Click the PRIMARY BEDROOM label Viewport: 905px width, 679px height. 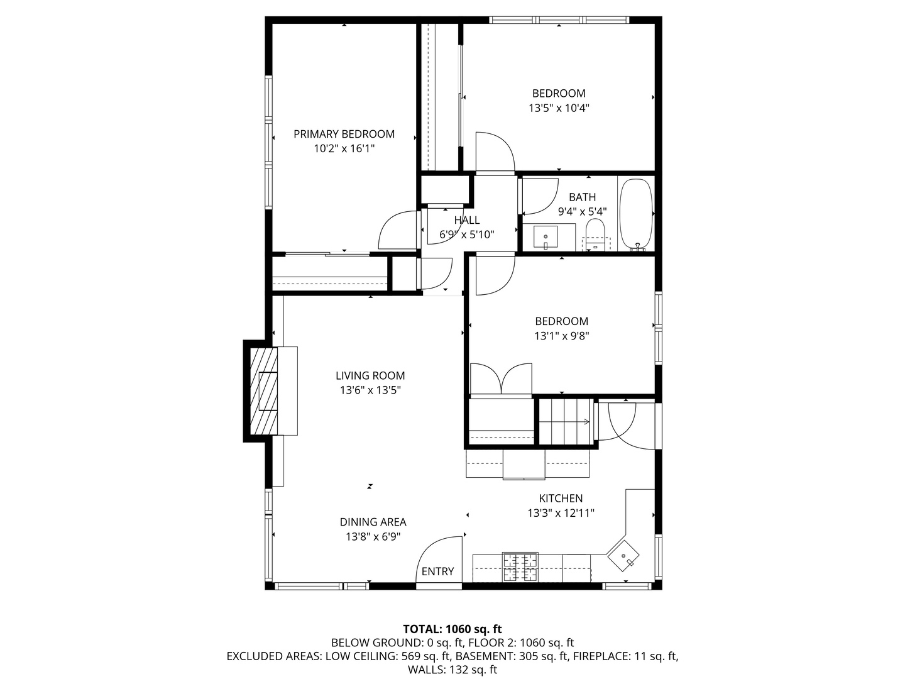tap(344, 134)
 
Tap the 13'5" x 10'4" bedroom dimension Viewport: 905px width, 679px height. tap(559, 108)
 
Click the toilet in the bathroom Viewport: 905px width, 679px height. tap(595, 235)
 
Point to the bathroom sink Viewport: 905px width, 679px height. tap(545, 238)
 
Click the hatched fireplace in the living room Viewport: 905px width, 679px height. tap(264, 391)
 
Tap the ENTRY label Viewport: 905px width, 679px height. tap(437, 571)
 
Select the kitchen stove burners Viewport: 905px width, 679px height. tap(520, 567)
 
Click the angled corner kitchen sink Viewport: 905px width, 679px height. tap(623, 556)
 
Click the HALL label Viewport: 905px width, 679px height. tap(467, 220)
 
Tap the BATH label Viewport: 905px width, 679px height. tap(582, 197)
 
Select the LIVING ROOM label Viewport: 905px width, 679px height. tap(370, 375)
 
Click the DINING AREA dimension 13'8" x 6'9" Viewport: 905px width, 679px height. tap(373, 537)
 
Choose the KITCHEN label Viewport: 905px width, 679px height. tap(561, 499)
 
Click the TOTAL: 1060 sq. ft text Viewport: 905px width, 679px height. tap(452, 629)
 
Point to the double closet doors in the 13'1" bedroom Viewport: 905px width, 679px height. tap(501, 378)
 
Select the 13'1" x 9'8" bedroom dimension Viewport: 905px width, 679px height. tap(562, 336)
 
